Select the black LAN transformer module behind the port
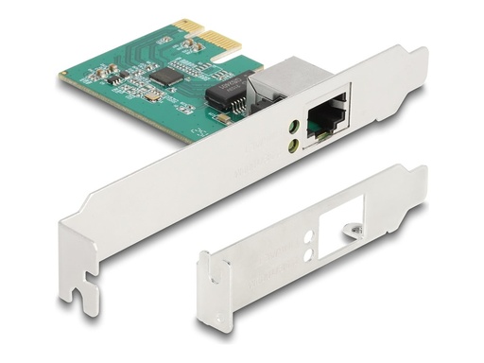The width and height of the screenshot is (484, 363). tap(225, 93)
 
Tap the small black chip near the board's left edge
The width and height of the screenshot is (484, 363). tap(109, 79)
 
